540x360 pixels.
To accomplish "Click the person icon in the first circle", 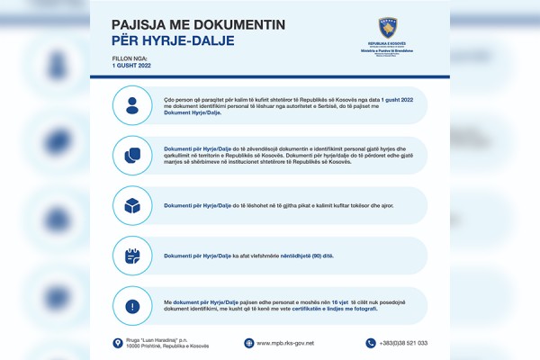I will coord(132,104).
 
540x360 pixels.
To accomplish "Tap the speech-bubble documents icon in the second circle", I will coord(132,155).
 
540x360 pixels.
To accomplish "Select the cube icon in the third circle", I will coord(132,205).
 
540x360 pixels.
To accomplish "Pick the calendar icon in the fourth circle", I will coord(132,256).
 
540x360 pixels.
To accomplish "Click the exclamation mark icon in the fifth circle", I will coord(132,306).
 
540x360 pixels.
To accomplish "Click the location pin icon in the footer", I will coord(117,343).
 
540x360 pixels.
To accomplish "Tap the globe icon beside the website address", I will coord(248,343).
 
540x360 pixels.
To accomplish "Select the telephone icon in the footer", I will coord(370,343).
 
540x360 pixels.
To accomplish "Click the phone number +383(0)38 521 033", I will coord(403,343).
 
